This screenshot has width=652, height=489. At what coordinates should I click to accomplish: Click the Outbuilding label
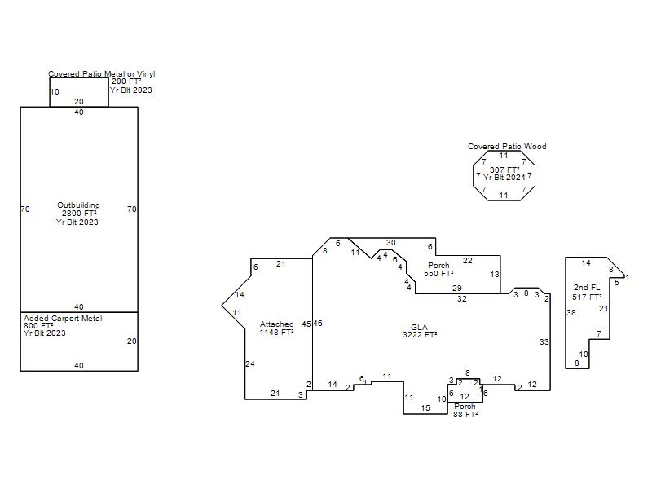point(79,205)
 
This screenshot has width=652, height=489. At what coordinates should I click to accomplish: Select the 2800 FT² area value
point(79,214)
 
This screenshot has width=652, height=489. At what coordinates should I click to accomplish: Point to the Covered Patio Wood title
point(507,147)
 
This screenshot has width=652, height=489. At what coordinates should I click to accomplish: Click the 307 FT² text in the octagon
point(504,170)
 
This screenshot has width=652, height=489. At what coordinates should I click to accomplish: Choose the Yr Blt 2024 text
point(504,178)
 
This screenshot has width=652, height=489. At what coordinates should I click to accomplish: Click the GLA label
point(419,328)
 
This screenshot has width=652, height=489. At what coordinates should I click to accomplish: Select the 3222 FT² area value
point(419,335)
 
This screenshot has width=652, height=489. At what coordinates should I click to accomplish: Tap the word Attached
point(276,324)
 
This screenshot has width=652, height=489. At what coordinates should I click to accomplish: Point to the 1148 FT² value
point(276,333)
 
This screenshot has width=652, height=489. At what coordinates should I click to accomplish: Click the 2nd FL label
point(586,288)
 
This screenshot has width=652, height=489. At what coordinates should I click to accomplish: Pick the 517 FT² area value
point(587,297)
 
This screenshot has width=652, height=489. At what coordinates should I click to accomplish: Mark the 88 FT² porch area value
point(465,415)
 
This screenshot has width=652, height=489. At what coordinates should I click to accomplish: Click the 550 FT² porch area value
point(438,274)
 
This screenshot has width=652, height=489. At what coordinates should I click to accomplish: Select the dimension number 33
point(544,342)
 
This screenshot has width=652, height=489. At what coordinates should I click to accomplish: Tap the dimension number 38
point(571,313)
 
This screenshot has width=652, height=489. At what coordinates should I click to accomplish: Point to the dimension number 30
point(391,243)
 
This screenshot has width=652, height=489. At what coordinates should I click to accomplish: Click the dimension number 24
point(250,363)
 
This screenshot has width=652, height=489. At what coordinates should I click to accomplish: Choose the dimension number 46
point(318,324)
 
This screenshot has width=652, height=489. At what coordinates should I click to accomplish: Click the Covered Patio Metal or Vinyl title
point(102,74)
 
